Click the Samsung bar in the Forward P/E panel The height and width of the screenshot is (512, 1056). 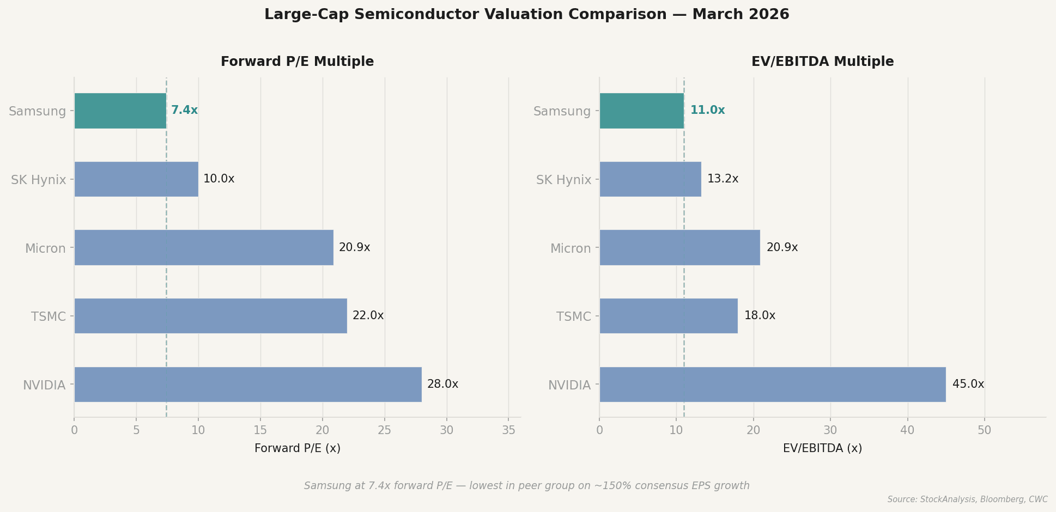point(120,111)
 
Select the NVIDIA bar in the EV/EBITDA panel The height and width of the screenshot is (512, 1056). point(772,385)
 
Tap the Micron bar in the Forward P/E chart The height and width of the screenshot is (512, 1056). point(203,247)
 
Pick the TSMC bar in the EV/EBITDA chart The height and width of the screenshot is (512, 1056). point(668,316)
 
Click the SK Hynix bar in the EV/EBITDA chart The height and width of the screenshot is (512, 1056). point(650,179)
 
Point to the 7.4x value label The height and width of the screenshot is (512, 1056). point(184,111)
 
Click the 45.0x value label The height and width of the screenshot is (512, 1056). point(968,385)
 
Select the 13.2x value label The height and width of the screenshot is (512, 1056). point(723,179)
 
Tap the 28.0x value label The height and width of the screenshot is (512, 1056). point(442,385)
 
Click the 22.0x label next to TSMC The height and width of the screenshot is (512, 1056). point(368,316)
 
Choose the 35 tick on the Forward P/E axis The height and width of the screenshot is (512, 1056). point(508,430)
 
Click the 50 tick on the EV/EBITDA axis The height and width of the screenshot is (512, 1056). point(984,430)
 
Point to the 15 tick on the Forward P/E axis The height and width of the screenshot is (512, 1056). point(260,430)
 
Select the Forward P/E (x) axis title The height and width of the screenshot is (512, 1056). point(297,449)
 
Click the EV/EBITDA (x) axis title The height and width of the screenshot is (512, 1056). point(822,449)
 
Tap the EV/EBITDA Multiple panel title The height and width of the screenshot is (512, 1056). point(822,62)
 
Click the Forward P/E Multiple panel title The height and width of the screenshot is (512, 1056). point(297,62)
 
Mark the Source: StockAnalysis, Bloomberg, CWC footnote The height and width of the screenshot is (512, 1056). point(967,499)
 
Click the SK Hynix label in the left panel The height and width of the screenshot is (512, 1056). point(38,180)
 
